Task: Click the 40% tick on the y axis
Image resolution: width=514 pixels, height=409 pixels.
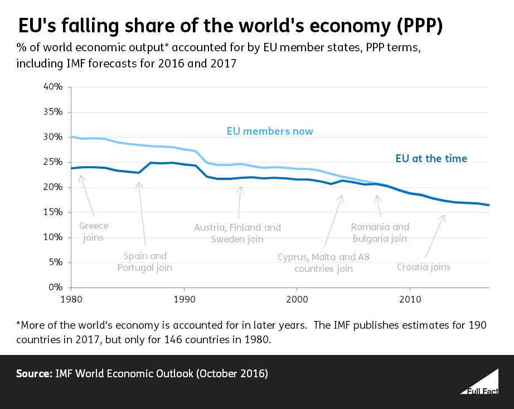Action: (x=54, y=87)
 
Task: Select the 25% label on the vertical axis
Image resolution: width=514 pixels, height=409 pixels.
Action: (x=54, y=162)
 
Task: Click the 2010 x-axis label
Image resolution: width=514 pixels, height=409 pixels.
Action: (x=410, y=299)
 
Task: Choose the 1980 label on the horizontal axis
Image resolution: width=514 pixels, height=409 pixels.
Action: (x=71, y=299)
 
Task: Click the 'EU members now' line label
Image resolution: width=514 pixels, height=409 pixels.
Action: (x=270, y=132)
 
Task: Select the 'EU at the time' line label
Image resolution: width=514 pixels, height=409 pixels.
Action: (x=428, y=159)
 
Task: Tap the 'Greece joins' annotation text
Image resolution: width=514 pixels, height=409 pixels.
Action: (x=94, y=231)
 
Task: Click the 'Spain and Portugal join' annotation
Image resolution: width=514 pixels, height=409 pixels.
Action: (x=144, y=262)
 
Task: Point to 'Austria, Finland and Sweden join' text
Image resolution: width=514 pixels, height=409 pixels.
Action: (x=237, y=233)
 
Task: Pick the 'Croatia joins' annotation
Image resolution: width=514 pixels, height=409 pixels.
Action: (x=424, y=267)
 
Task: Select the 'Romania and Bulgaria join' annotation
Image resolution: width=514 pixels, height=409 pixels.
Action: (x=380, y=232)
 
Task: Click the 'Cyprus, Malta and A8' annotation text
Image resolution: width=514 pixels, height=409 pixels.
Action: (x=323, y=257)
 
